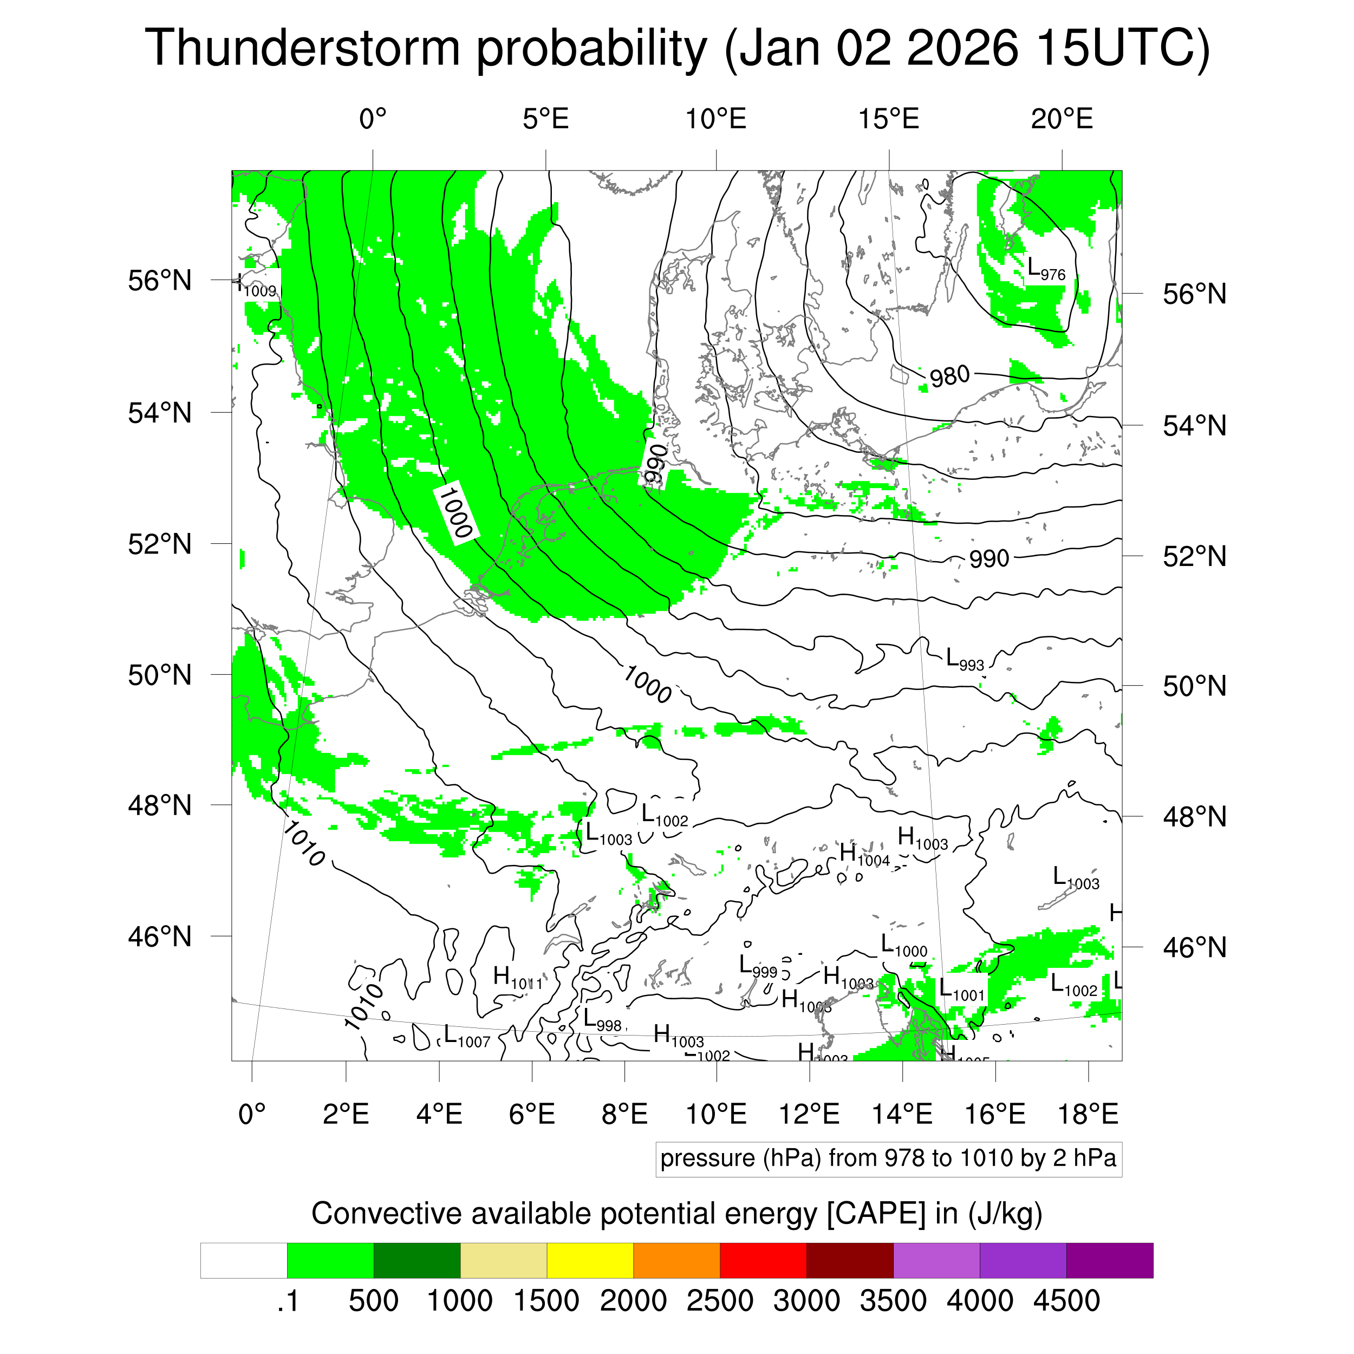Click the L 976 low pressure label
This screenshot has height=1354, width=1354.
pyautogui.click(x=1045, y=270)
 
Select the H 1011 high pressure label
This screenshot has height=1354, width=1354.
pyautogui.click(x=517, y=978)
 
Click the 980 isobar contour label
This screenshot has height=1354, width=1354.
pyautogui.click(x=949, y=377)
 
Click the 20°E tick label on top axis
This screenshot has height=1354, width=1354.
pyautogui.click(x=1061, y=119)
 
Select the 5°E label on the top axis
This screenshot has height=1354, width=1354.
pyautogui.click(x=545, y=119)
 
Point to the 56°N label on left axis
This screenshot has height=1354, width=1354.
pyautogui.click(x=160, y=281)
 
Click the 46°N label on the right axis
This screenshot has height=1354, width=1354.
pyautogui.click(x=1194, y=947)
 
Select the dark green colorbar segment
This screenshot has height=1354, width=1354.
pyautogui.click(x=416, y=1261)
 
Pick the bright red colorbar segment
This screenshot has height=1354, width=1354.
pyautogui.click(x=763, y=1261)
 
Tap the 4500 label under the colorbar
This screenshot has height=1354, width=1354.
pyautogui.click(x=1066, y=1301)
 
